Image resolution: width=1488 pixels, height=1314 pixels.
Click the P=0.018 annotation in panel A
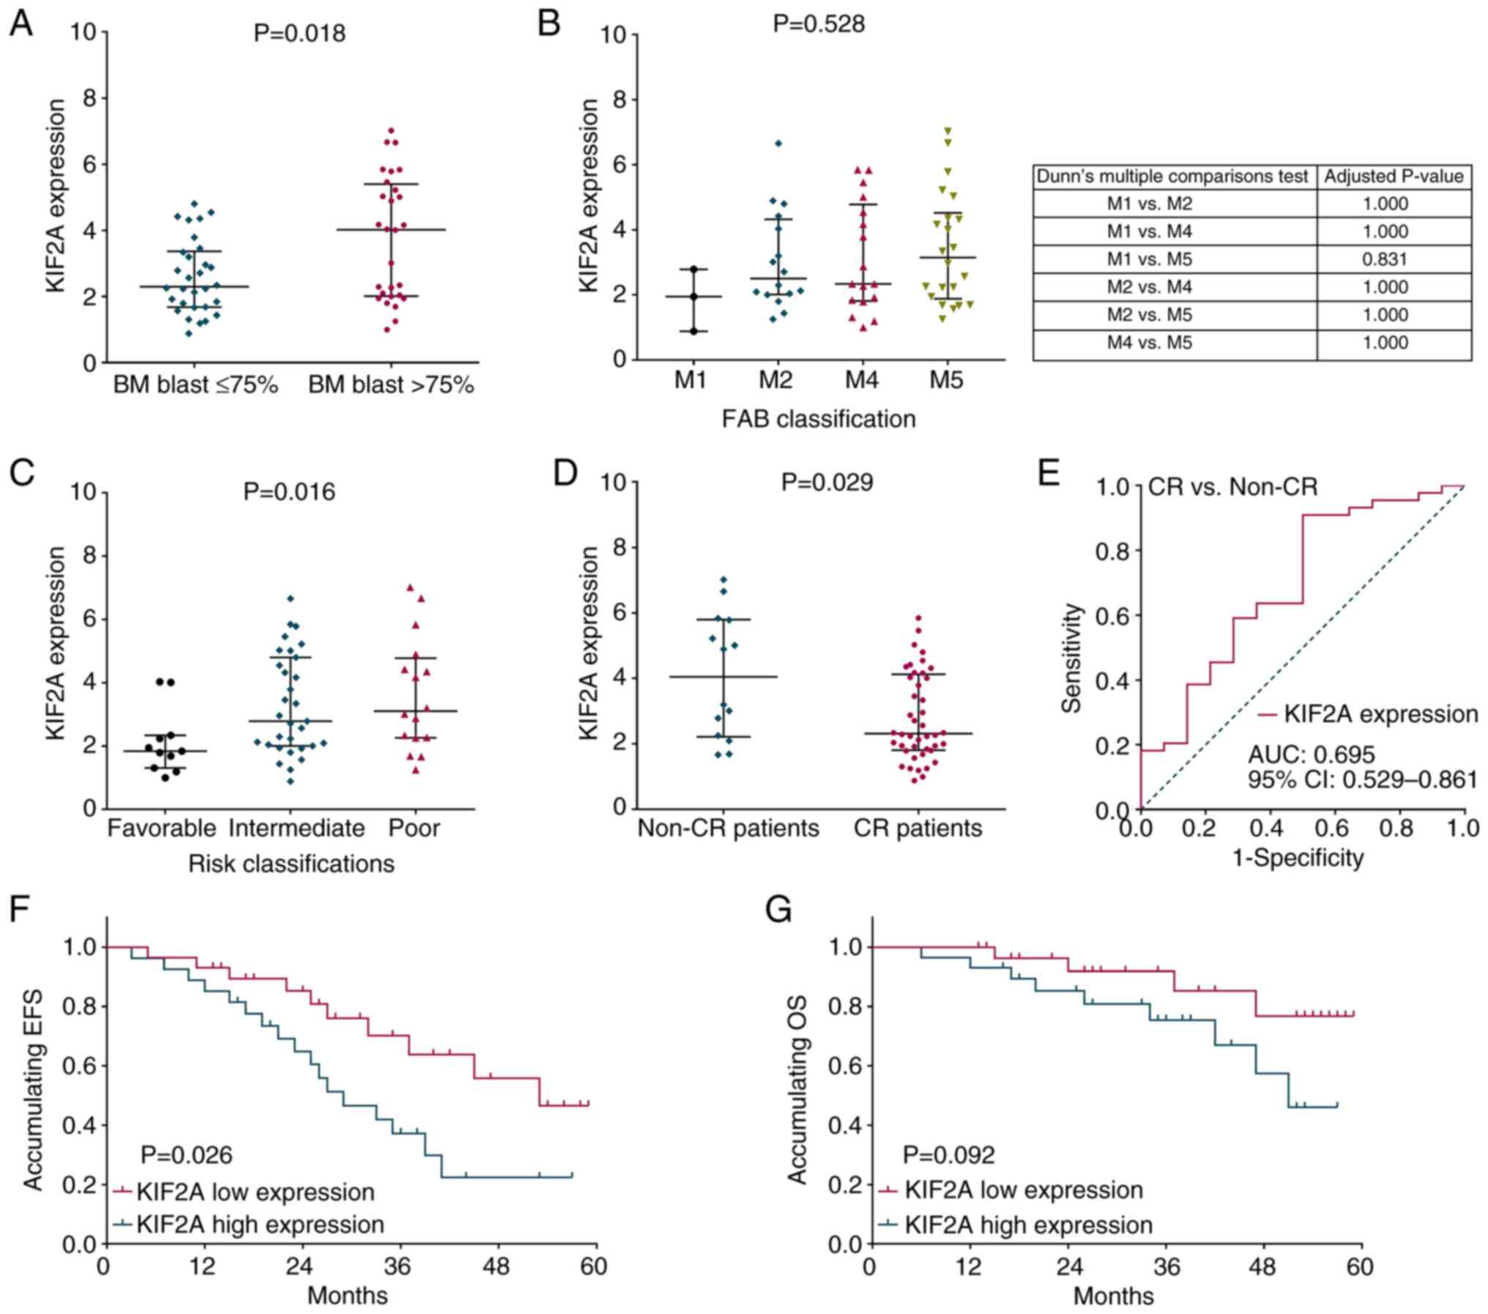coord(300,34)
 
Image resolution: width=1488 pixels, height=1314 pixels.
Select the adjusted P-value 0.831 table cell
coord(1385,259)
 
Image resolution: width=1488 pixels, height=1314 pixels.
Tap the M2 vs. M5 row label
coord(1149,315)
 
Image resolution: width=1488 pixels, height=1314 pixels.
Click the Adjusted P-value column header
coord(1394,177)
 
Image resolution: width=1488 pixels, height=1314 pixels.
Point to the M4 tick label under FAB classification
coord(862,380)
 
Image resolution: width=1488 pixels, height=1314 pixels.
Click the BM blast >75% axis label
coord(391,385)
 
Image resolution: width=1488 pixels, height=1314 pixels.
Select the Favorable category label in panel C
coord(162,828)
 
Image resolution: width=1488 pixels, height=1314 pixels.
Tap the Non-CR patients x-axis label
coord(728,828)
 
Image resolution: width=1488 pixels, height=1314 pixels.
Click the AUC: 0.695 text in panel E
coord(1312,754)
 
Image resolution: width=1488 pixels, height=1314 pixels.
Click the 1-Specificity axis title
coord(1298,858)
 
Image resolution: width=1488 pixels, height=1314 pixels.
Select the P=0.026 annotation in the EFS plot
coord(187,1156)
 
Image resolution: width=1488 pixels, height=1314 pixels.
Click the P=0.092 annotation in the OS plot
coord(948,1156)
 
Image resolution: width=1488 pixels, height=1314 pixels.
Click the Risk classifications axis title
coord(291,864)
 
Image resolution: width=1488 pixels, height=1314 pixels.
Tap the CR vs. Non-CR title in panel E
coord(1232,487)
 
